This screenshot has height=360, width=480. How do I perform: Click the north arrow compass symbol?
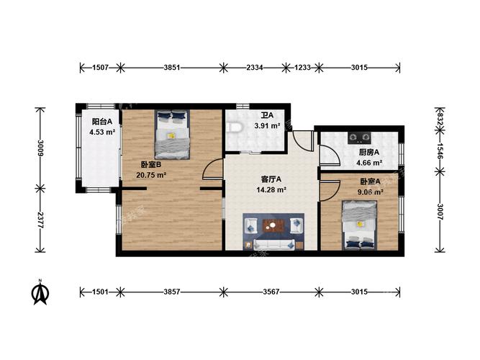(40, 292)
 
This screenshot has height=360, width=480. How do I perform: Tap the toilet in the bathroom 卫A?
(234, 127)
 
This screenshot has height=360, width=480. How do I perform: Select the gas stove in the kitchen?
(359, 138)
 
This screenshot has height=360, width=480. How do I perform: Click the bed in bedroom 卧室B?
(172, 135)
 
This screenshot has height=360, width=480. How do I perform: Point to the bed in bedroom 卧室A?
(359, 225)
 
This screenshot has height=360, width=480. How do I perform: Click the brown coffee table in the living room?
(273, 226)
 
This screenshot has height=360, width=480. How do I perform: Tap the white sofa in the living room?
(273, 244)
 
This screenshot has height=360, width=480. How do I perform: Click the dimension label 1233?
(302, 68)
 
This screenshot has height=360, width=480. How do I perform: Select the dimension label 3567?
(271, 292)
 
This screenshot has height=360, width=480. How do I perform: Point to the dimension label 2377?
(40, 220)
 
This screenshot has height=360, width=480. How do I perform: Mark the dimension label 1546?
(440, 150)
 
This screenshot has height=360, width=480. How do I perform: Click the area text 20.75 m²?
(151, 175)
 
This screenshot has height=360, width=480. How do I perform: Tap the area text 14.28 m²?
(271, 189)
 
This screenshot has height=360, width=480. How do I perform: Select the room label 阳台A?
(102, 122)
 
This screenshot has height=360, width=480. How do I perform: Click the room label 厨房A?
(369, 152)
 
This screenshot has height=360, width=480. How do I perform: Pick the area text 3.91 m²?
(267, 125)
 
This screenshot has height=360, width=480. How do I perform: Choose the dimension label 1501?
(101, 292)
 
